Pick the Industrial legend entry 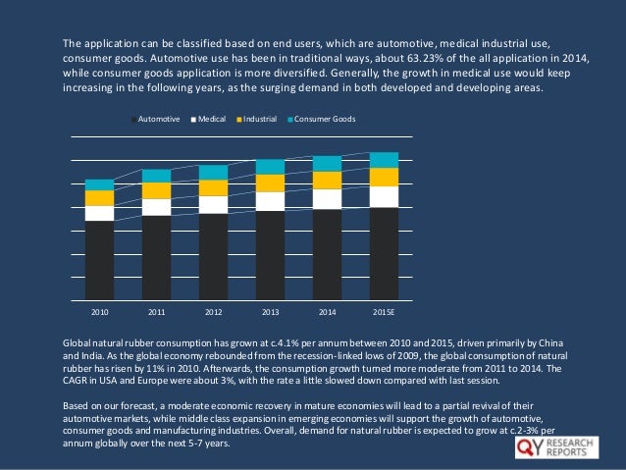coord(258,119)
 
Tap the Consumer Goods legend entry coord(323,119)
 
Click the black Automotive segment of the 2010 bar coord(100,260)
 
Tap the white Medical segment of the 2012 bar coord(213,204)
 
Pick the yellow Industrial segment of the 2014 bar coord(327,180)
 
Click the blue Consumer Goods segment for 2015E coord(384,160)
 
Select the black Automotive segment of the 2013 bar coord(270,255)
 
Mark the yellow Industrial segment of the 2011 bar coord(156,190)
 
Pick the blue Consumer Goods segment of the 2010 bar coord(100,184)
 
